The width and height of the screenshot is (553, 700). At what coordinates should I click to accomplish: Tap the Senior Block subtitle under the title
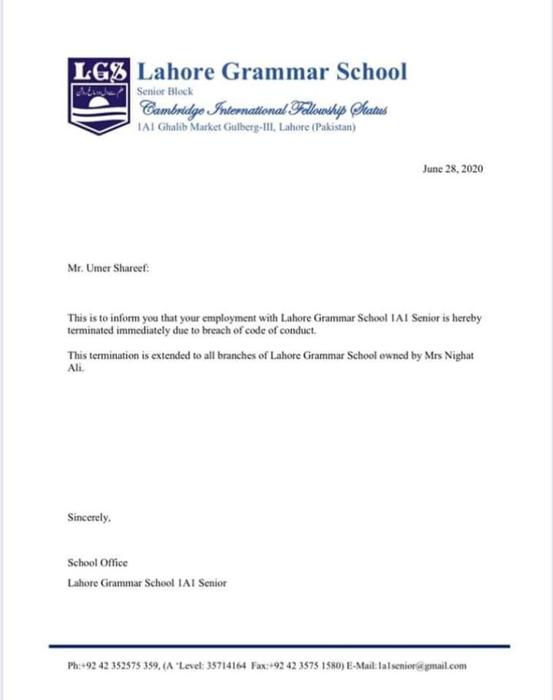pos(165,91)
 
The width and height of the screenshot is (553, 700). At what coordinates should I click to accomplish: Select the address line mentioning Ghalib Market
pos(246,128)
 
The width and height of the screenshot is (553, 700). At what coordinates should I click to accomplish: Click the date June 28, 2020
pos(453,169)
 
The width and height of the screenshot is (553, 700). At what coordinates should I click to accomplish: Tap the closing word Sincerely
pos(90,518)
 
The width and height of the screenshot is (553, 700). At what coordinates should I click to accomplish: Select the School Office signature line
pos(98,562)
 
